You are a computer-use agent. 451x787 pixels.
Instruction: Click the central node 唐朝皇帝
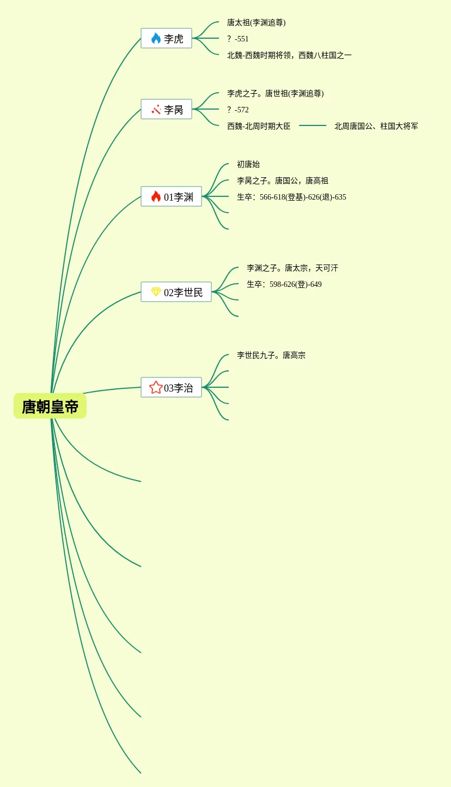click(x=50, y=406)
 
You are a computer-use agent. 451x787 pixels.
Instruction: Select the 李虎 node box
click(x=167, y=39)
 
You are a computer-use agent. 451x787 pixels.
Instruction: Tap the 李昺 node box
click(x=167, y=110)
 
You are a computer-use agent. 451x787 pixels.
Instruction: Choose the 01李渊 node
click(x=172, y=197)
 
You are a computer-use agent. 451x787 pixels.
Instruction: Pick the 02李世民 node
click(x=176, y=292)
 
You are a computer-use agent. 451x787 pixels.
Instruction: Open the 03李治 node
click(x=172, y=388)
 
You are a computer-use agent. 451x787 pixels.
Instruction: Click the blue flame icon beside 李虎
click(x=156, y=38)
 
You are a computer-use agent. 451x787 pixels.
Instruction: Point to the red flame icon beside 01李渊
click(x=156, y=196)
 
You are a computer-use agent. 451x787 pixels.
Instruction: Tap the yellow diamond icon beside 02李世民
click(x=156, y=292)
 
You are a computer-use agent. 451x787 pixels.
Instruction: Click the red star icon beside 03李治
click(x=156, y=387)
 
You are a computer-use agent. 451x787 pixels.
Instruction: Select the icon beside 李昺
click(x=156, y=109)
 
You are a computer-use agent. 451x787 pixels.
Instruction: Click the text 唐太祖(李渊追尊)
click(x=256, y=22)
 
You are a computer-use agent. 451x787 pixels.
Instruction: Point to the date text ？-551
click(x=238, y=39)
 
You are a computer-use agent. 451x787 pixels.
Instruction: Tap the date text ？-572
click(x=238, y=110)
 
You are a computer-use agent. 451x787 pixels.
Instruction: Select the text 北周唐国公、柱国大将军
click(x=376, y=126)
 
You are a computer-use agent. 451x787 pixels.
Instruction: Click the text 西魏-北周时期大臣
click(x=259, y=126)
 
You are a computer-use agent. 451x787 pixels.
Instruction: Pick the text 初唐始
click(x=248, y=164)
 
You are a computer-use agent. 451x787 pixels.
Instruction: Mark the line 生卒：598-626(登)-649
click(x=284, y=284)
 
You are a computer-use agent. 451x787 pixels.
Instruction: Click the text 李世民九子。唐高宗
click(x=271, y=355)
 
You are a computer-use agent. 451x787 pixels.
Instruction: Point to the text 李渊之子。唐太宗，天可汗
click(x=292, y=268)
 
